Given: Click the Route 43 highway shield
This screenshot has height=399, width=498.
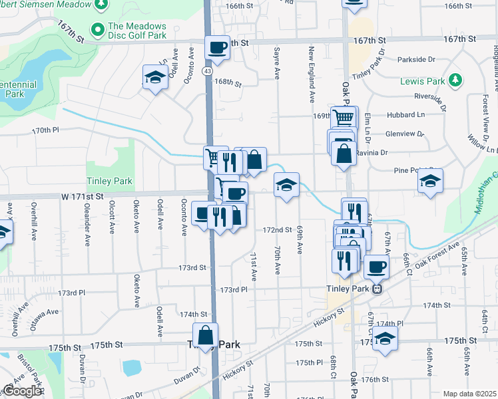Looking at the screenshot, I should click(208, 70).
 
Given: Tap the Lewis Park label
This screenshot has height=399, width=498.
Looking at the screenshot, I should click(422, 81).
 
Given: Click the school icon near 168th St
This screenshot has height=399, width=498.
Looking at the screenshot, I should click(155, 77).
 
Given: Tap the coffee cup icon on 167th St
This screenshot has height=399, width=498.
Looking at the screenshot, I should click(217, 48).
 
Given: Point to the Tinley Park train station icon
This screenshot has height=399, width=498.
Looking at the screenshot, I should click(377, 289).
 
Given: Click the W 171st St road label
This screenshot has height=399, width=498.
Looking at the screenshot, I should click(84, 197).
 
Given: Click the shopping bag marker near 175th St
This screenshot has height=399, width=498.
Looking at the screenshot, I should click(206, 335).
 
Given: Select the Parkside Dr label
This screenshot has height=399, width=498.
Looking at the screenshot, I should click(416, 59).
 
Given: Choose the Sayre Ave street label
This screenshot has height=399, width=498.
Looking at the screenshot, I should click(276, 61).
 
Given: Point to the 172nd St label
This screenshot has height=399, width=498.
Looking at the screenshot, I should click(278, 230).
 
